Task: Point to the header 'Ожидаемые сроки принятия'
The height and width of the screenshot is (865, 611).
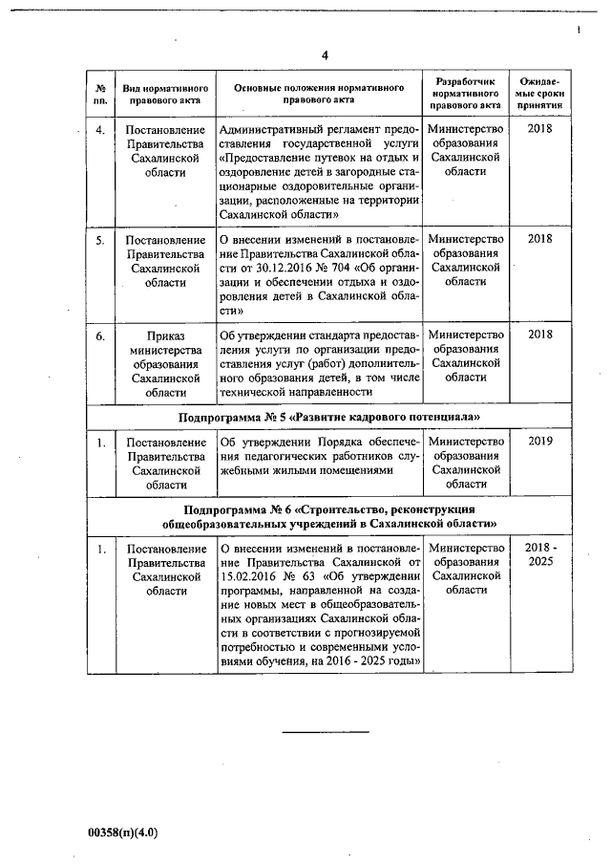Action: (540, 94)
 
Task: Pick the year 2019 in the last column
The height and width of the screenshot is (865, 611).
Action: (540, 442)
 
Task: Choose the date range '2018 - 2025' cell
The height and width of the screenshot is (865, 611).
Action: (540, 555)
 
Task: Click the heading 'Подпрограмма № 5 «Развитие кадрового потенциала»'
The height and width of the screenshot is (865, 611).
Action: (328, 418)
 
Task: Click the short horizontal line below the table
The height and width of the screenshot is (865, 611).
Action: (326, 731)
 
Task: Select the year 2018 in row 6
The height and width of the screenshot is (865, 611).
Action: (540, 335)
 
